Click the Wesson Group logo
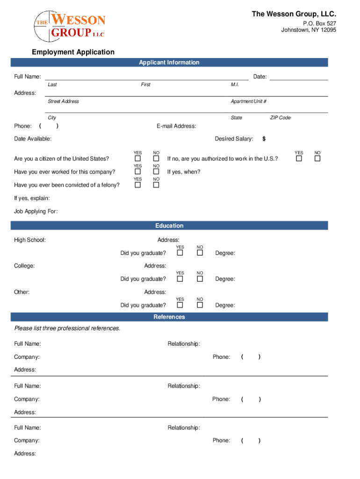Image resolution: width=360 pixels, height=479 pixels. click(x=70, y=26)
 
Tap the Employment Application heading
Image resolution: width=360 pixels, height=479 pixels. click(x=73, y=52)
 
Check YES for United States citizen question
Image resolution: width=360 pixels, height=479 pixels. click(x=138, y=159)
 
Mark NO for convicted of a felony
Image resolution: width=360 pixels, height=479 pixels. click(x=156, y=185)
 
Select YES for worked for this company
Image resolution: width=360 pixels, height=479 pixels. click(x=138, y=172)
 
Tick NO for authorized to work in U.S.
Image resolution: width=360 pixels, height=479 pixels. click(x=317, y=159)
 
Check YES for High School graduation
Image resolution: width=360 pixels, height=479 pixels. click(x=180, y=253)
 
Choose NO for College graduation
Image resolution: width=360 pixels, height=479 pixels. click(x=200, y=279)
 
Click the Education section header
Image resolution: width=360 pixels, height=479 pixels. click(x=169, y=226)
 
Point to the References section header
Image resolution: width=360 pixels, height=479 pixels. click(x=169, y=317)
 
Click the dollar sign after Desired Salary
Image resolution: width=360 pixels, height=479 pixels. click(x=264, y=139)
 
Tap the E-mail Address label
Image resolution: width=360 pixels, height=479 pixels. click(x=176, y=126)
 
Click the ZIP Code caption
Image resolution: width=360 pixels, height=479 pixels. click(x=280, y=118)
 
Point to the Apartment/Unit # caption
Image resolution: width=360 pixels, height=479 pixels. click(x=248, y=102)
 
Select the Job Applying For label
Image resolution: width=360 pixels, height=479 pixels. click(x=36, y=211)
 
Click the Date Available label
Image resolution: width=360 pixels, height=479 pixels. click(x=33, y=139)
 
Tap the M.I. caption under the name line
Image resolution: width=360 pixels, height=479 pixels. click(x=235, y=85)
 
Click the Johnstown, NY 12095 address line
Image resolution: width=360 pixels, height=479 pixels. click(x=308, y=30)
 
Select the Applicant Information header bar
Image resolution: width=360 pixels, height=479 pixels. click(x=169, y=63)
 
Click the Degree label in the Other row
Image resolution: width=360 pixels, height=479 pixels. click(x=225, y=305)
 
